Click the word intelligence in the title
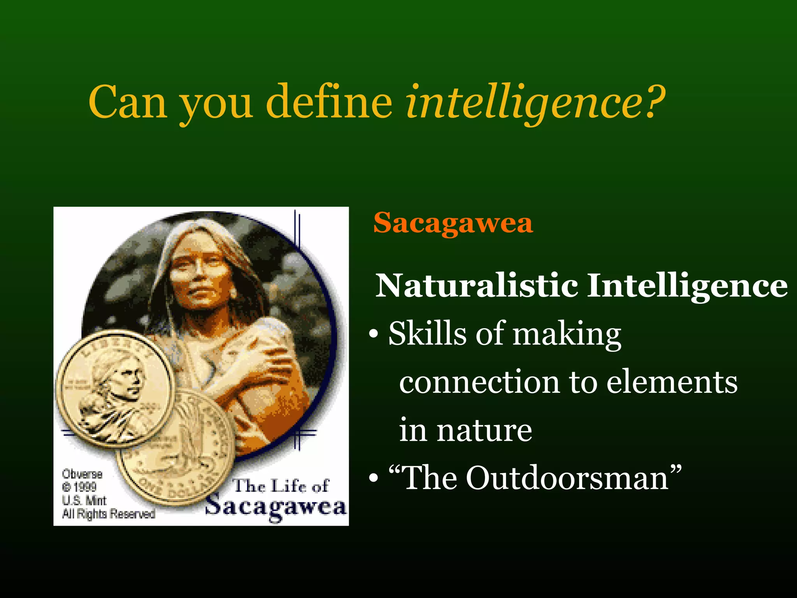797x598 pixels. click(523, 102)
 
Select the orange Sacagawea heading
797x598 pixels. click(453, 223)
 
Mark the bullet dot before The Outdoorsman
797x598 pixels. click(374, 478)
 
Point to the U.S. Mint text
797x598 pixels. click(84, 500)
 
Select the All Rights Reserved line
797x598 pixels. click(109, 514)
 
